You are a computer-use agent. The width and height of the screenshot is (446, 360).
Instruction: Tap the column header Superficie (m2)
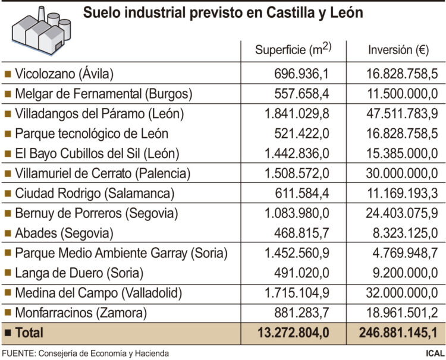[x=292, y=50]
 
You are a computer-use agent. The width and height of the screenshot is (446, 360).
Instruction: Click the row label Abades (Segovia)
[x=64, y=233]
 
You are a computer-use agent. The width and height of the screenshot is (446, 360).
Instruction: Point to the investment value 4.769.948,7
[x=403, y=253]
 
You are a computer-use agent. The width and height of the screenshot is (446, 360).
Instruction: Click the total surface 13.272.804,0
[x=294, y=333]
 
